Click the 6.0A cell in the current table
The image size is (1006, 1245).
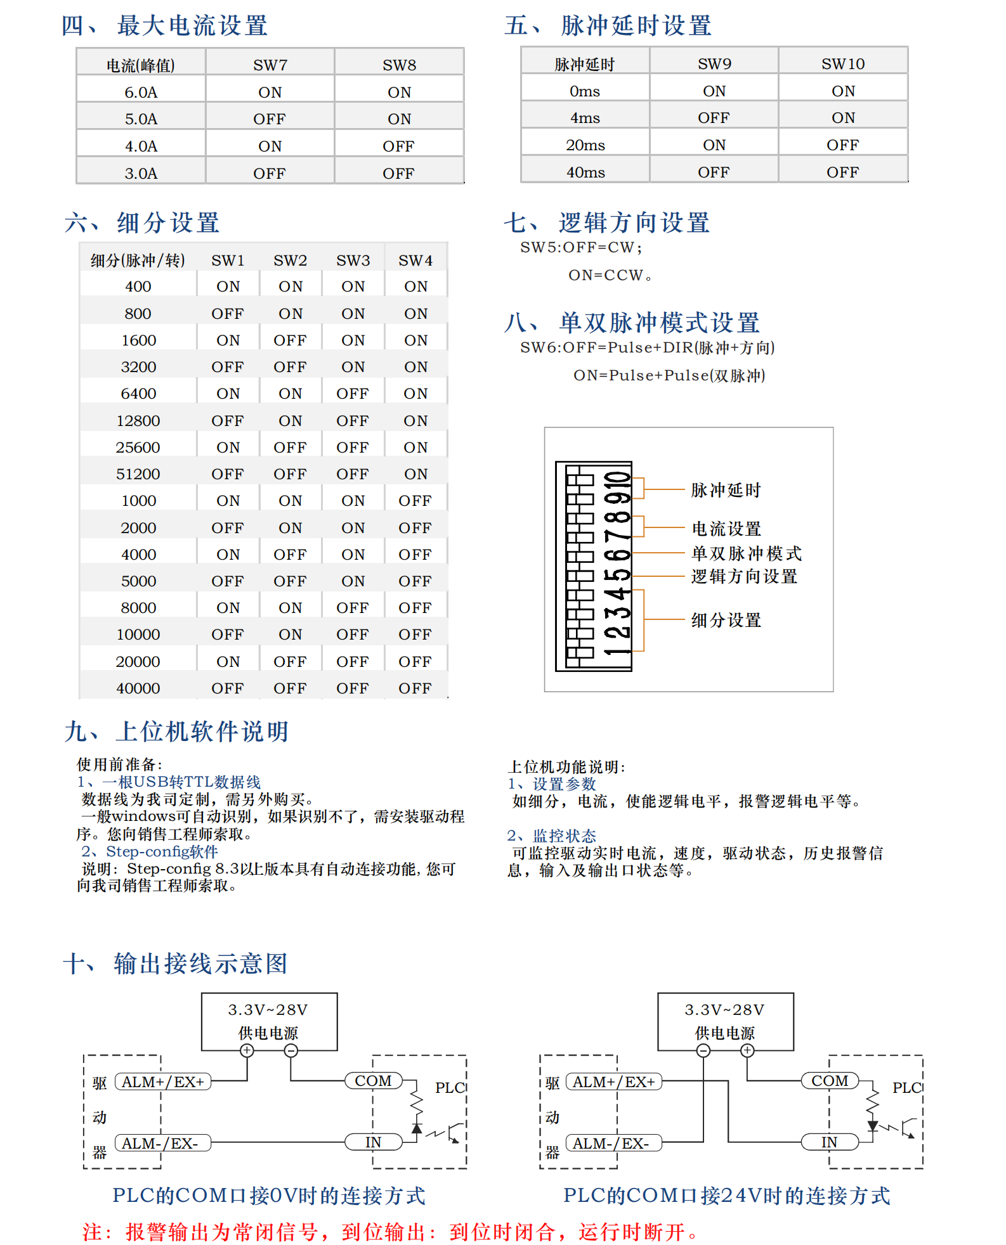pyautogui.click(x=141, y=93)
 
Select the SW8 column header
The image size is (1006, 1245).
pyautogui.click(x=399, y=65)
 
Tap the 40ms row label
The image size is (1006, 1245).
pyautogui.click(x=585, y=172)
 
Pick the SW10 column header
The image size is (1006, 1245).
pyautogui.click(x=842, y=64)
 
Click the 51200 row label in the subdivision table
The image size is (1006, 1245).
pyautogui.click(x=138, y=474)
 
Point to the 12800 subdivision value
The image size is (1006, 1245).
pyautogui.click(x=138, y=421)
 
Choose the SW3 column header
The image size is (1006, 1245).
pyautogui.click(x=353, y=261)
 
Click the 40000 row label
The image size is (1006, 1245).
pyautogui.click(x=138, y=688)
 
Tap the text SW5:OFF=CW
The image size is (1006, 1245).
pyautogui.click(x=581, y=247)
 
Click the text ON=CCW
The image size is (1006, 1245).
pyautogui.click(x=610, y=275)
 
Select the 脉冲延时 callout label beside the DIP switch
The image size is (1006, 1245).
pyautogui.click(x=726, y=490)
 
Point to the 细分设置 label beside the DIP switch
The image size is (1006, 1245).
pyautogui.click(x=726, y=620)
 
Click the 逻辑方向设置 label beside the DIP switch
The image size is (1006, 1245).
pyautogui.click(x=743, y=577)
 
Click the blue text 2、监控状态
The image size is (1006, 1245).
pyautogui.click(x=551, y=835)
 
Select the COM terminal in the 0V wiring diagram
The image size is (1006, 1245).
pyautogui.click(x=373, y=1081)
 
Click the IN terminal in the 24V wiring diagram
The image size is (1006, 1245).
pyautogui.click(x=829, y=1142)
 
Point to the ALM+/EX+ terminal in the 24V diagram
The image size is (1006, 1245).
pyautogui.click(x=613, y=1082)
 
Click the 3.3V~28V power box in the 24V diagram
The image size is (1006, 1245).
pyautogui.click(x=725, y=1021)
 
